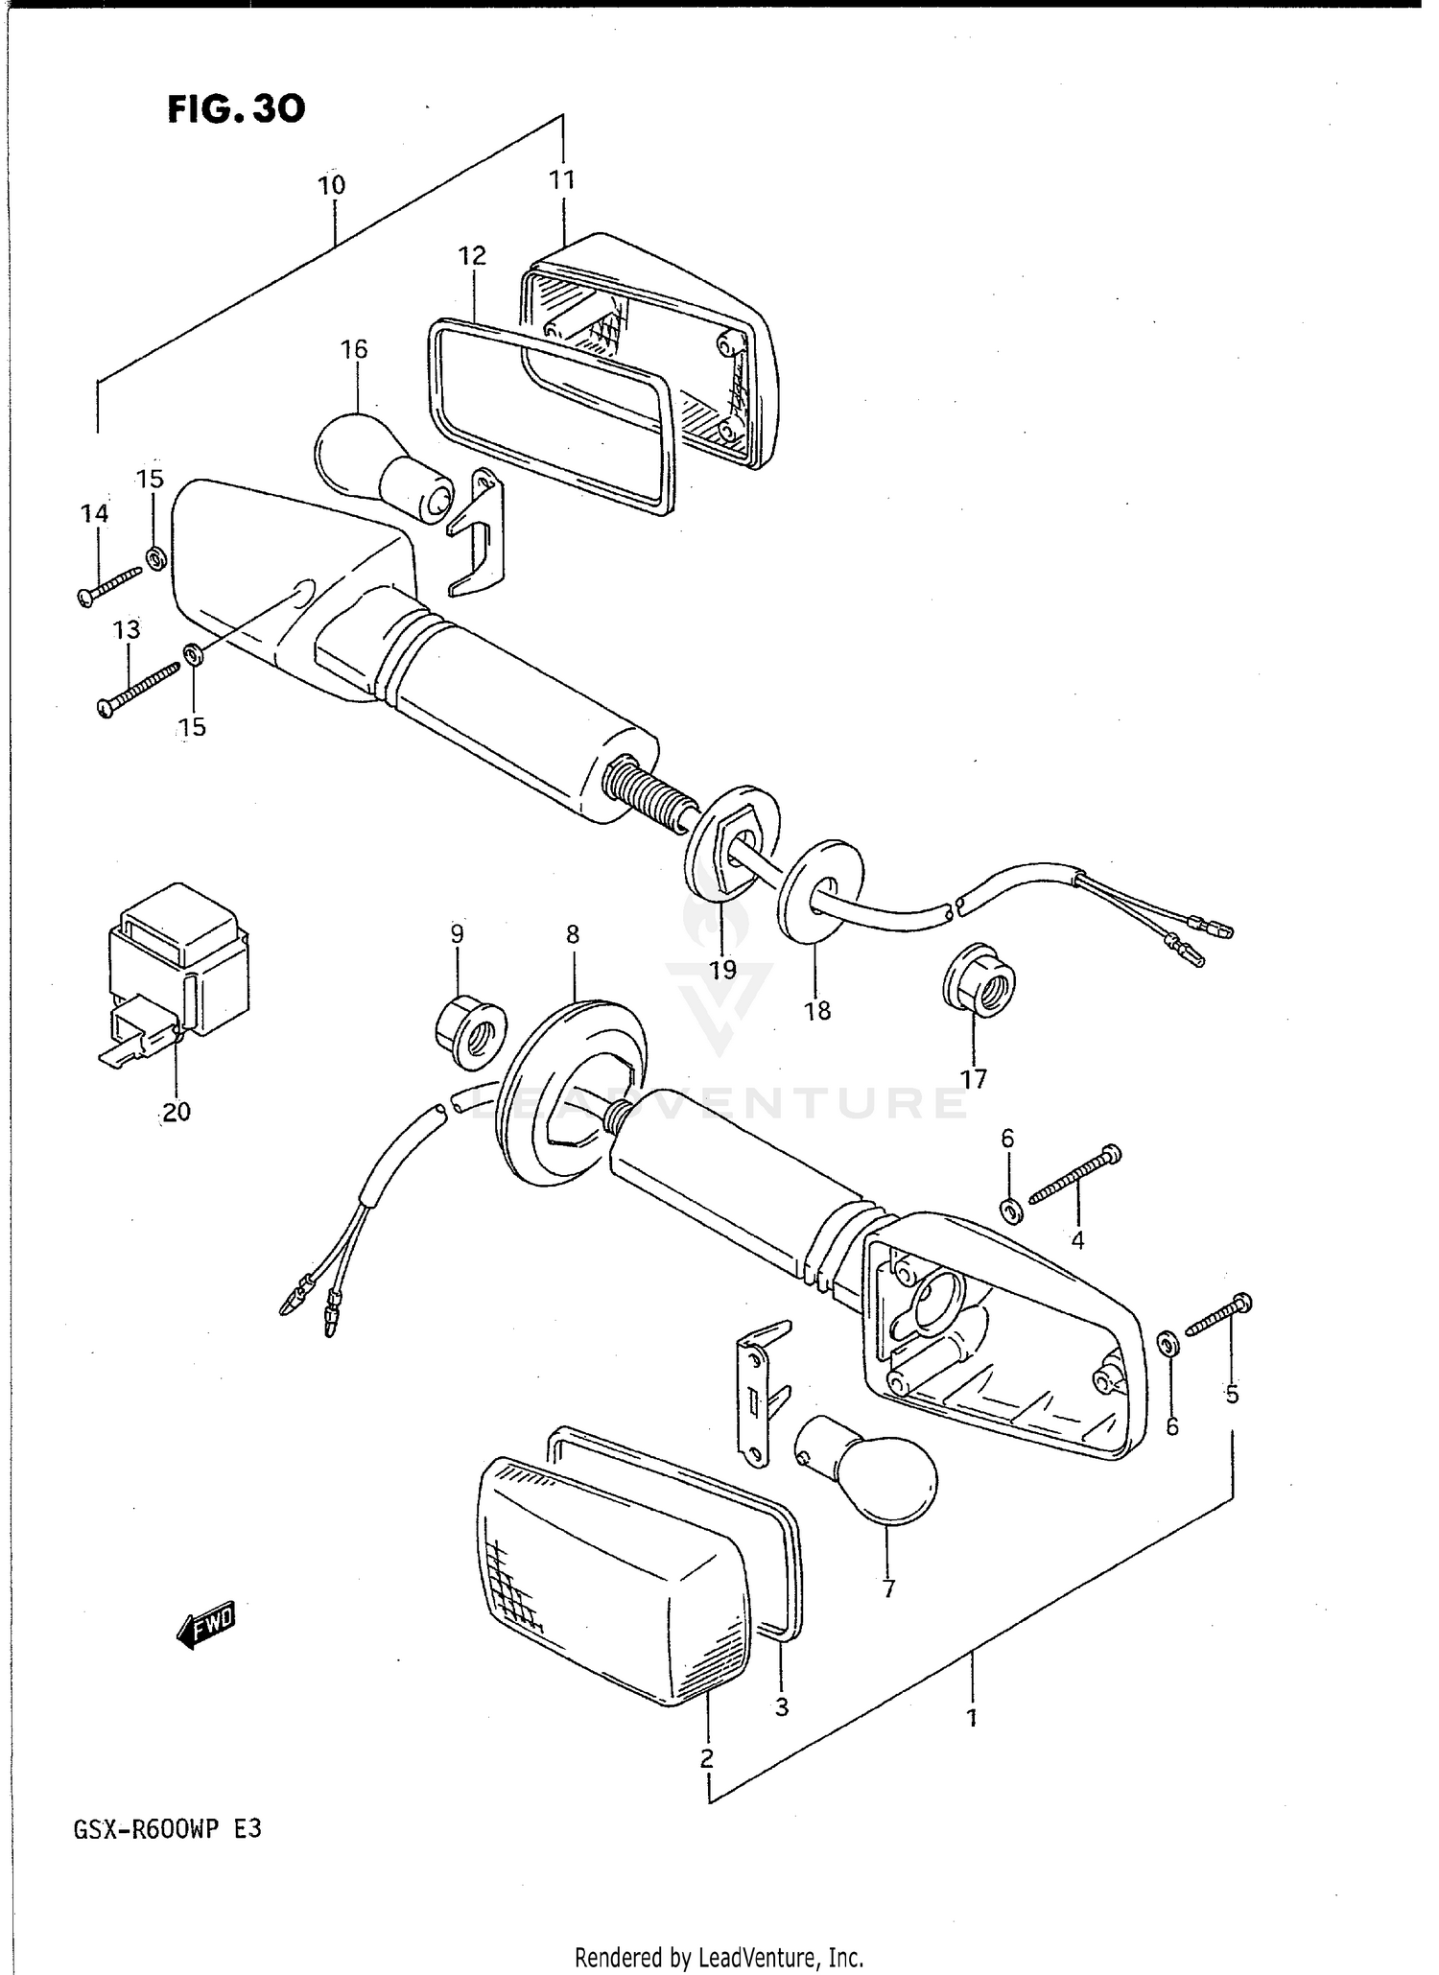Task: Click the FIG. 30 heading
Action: [236, 109]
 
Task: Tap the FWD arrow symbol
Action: [206, 1625]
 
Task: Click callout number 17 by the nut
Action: [973, 1080]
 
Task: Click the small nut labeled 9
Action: [468, 1033]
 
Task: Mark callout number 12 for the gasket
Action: [473, 256]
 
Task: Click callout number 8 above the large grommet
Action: [573, 934]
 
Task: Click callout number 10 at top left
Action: [332, 185]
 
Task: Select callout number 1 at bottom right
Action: [972, 1717]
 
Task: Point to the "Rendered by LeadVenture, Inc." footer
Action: [719, 1956]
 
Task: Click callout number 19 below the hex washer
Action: [722, 970]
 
